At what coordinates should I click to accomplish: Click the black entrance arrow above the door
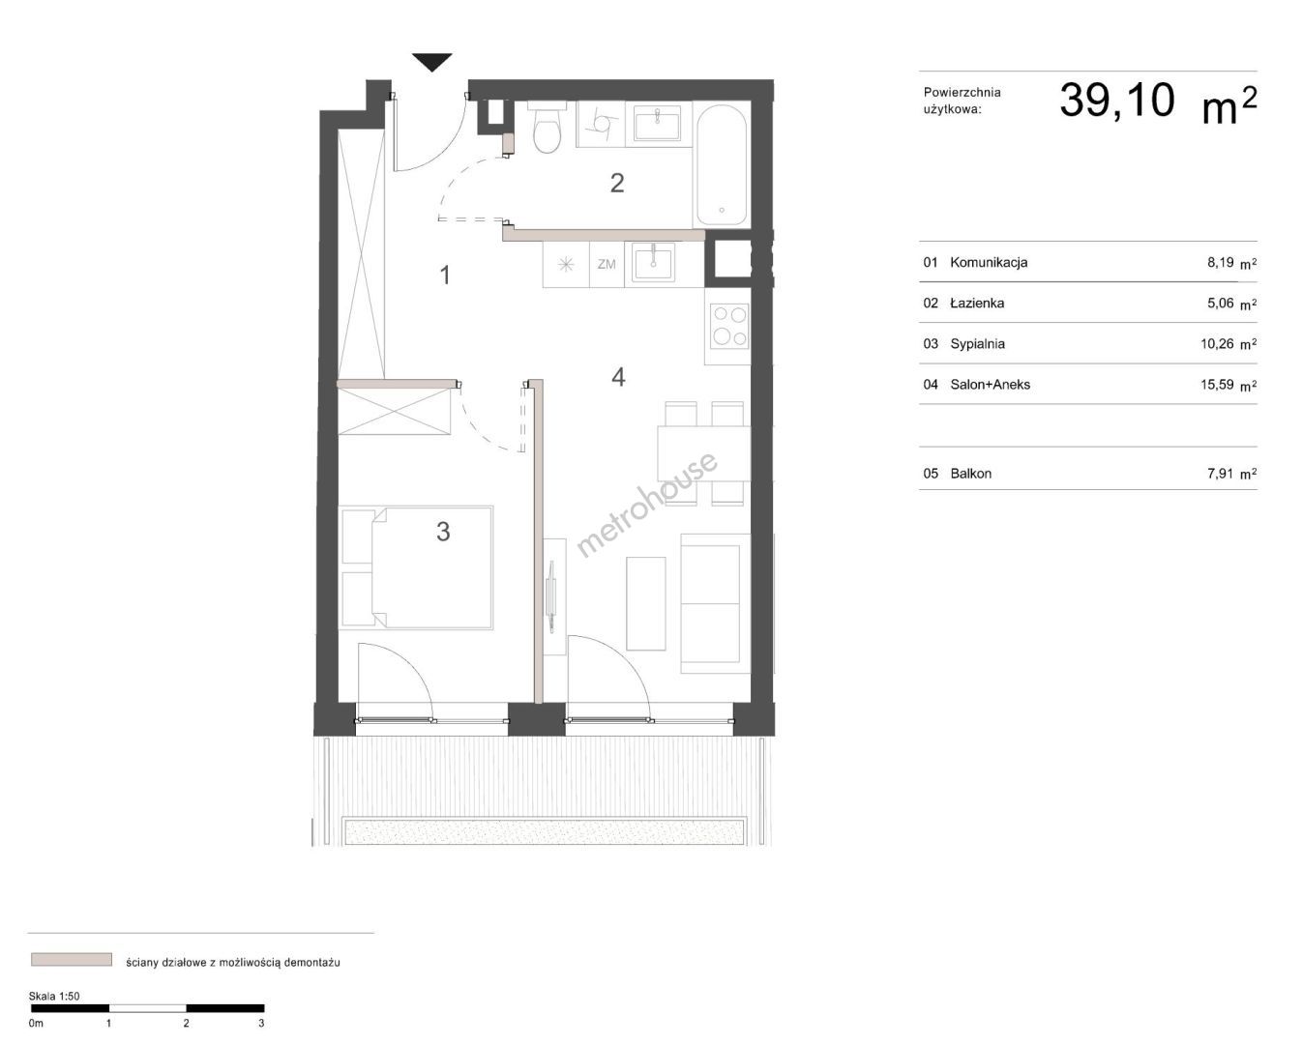coord(431,62)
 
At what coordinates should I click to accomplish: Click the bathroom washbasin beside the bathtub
coord(657,123)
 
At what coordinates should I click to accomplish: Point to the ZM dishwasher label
coord(607,265)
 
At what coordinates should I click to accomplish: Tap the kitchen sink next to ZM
coord(653,262)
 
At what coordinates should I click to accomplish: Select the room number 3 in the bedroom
coord(443,532)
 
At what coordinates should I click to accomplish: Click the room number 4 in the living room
coord(618,377)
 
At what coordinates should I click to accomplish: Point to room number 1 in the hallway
coord(445,275)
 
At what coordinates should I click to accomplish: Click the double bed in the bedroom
coord(416,567)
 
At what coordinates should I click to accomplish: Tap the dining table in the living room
coord(703,453)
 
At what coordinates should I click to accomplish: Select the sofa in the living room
coord(716,603)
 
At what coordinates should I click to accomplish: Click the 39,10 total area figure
coord(1117,100)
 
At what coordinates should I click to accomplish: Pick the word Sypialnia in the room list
coord(977,344)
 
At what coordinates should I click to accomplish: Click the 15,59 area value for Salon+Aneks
coord(1217,385)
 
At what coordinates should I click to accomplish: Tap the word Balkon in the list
coord(970,474)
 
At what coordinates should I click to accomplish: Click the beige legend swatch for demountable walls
coord(72,959)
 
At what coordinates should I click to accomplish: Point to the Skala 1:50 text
coord(54,997)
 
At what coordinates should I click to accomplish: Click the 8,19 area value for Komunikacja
coord(1220,262)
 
